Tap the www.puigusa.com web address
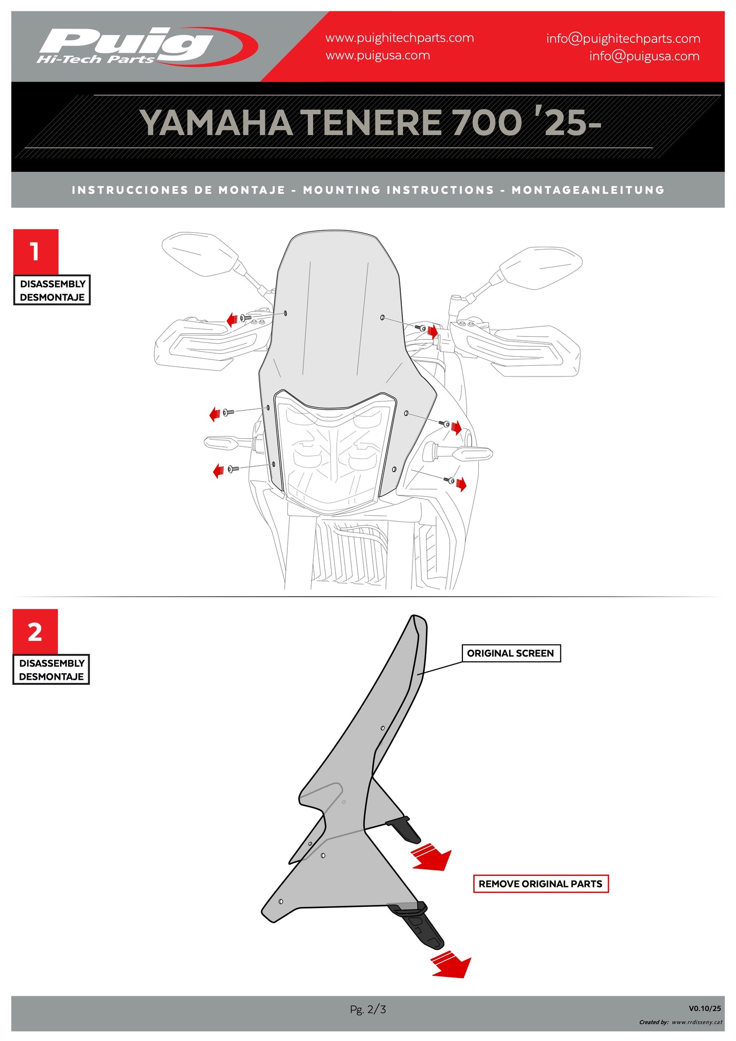coord(377,56)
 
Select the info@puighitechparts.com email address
coord(623,39)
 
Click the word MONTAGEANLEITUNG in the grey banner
coord(588,190)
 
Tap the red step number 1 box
coord(36,252)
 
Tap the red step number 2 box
coord(35,632)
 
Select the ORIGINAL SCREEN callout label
coord(511,653)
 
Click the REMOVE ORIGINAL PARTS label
coord(540,884)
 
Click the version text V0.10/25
coord(705,1008)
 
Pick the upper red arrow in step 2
coord(432,857)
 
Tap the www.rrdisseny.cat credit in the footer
coord(697,1022)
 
